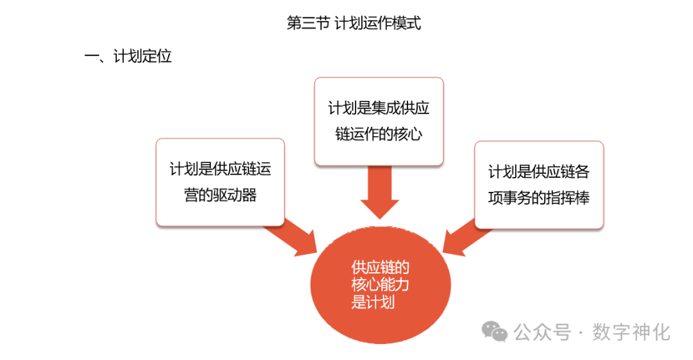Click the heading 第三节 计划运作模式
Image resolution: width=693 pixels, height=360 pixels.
coord(354,24)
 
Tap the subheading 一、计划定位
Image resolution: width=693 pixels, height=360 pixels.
coord(128,56)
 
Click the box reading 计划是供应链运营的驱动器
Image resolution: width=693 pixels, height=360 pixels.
coord(220,182)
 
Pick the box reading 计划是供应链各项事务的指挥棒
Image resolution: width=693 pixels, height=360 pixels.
coord(538,185)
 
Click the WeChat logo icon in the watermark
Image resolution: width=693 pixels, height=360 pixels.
coord(495,332)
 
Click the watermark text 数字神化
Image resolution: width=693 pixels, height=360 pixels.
coord(632,332)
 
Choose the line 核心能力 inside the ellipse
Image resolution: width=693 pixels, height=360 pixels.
coord(381,284)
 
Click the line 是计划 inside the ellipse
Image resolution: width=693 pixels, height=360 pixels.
coord(373,302)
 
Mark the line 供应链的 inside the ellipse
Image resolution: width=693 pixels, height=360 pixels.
coord(381,268)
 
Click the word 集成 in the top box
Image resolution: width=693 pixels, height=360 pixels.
coord(386,108)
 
